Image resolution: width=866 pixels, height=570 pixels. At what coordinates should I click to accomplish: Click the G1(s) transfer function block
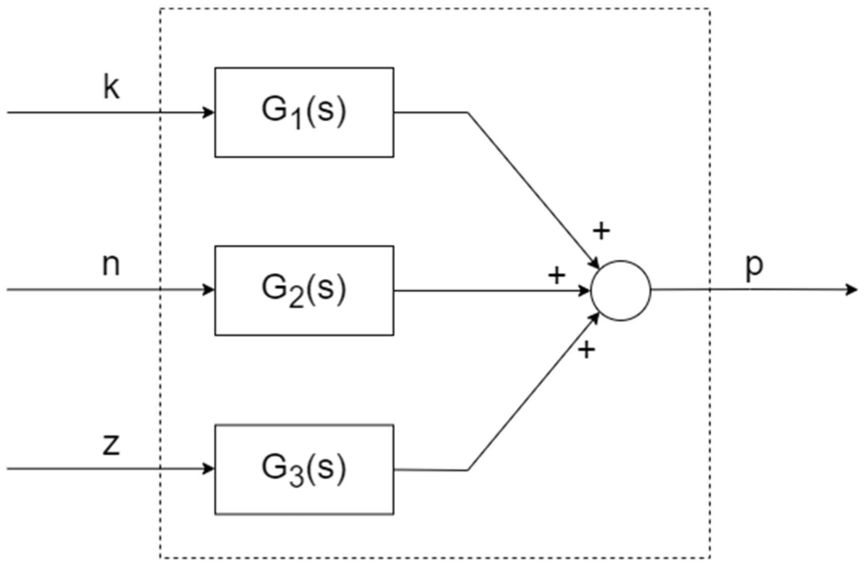[x=304, y=112]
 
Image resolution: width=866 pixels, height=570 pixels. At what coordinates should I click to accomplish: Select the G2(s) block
[x=304, y=290]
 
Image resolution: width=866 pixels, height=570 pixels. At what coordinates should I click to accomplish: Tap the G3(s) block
[x=304, y=469]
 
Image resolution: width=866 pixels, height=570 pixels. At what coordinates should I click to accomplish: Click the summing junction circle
[x=621, y=291]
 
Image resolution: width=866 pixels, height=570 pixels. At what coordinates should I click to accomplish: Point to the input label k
[x=111, y=87]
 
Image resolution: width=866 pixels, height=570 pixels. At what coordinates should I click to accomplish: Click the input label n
[x=111, y=265]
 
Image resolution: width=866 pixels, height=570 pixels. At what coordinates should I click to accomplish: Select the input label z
[x=111, y=444]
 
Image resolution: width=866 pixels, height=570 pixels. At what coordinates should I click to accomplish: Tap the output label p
[x=754, y=266]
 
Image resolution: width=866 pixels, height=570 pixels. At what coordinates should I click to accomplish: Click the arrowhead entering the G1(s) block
[x=209, y=113]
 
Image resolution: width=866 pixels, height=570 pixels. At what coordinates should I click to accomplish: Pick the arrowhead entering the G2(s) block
[x=209, y=290]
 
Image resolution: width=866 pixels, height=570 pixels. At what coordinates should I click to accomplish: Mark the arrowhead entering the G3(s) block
[x=209, y=469]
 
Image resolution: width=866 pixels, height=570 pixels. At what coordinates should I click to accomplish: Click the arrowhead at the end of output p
[x=852, y=290]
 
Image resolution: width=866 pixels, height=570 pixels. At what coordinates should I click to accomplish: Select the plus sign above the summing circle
[x=601, y=231]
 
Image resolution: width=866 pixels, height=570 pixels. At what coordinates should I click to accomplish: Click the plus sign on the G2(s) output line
[x=556, y=275]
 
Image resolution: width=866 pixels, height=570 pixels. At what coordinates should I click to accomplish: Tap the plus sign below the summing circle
[x=587, y=349]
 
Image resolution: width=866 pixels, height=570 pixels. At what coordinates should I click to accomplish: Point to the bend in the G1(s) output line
[x=468, y=113]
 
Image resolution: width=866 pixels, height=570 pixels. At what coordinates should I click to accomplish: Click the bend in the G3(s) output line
[x=468, y=470]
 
